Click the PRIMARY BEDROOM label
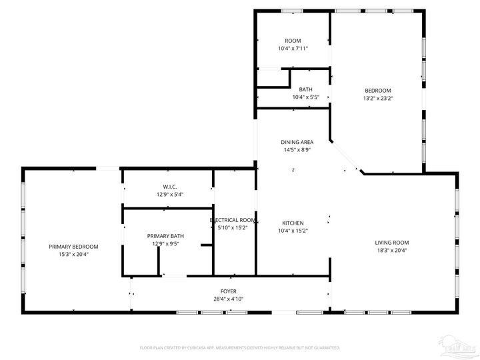[73, 247]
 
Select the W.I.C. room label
[169, 187]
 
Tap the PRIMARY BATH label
[165, 236]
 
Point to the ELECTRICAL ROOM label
[232, 220]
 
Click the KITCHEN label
[293, 223]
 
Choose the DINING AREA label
[297, 142]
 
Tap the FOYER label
[229, 292]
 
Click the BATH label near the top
[305, 90]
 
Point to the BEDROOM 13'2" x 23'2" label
[377, 91]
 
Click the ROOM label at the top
[293, 41]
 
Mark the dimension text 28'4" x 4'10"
[229, 299]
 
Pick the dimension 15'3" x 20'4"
[73, 254]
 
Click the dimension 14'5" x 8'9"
[297, 150]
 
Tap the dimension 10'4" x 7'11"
[293, 49]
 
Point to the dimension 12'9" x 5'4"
[169, 195]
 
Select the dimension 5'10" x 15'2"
[232, 228]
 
